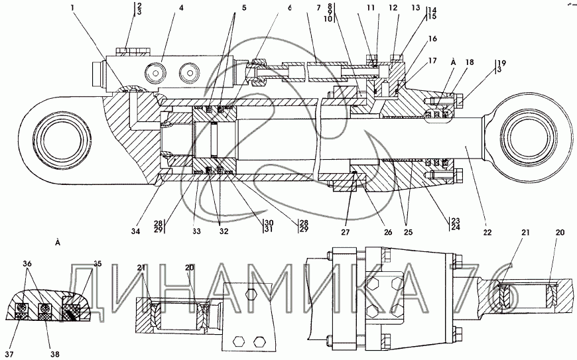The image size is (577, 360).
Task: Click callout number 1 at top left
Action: [72, 7]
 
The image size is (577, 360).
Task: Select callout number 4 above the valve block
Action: [181, 8]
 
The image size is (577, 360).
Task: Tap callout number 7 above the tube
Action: [319, 8]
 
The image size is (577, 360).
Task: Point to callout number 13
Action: [416, 8]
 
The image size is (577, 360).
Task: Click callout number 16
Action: [432, 38]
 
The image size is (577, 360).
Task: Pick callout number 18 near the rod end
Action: [470, 62]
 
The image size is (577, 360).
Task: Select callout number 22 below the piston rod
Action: [487, 233]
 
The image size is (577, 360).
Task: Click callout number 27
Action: [345, 233]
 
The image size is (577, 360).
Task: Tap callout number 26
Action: [388, 233]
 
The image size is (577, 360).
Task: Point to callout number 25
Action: [408, 233]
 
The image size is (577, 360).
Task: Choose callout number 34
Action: [135, 231]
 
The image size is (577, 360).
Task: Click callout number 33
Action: [196, 231]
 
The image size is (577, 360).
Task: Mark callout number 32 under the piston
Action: [224, 231]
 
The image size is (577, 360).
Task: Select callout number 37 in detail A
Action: [9, 354]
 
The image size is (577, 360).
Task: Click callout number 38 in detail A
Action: [55, 354]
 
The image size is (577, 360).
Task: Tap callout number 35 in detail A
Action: [97, 264]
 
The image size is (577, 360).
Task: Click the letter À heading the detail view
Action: [58, 243]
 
